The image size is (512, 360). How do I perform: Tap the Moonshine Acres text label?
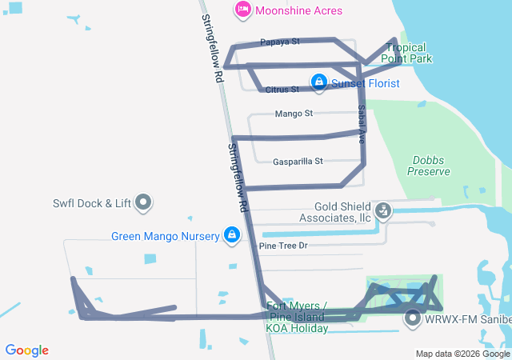(299, 10)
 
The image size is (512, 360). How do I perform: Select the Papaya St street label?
(279, 42)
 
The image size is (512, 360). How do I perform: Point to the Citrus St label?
(282, 89)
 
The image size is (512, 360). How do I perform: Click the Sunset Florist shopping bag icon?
(319, 82)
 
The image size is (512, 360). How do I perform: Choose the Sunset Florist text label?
(366, 82)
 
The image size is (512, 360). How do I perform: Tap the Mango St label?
(293, 114)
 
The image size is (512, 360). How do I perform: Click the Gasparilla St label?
(297, 161)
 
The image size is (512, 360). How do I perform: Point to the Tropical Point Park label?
(406, 53)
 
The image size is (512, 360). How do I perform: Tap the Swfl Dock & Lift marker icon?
(144, 202)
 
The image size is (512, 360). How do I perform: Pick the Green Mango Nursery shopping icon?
(231, 235)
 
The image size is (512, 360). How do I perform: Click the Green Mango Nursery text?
(165, 236)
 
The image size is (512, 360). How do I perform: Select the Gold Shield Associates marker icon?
(384, 210)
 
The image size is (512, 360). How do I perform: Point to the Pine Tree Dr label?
(283, 245)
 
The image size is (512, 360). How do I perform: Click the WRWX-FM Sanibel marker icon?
(414, 319)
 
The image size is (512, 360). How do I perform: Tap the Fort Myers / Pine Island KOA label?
(296, 317)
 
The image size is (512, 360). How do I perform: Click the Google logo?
(27, 350)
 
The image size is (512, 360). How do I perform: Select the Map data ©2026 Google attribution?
(462, 354)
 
